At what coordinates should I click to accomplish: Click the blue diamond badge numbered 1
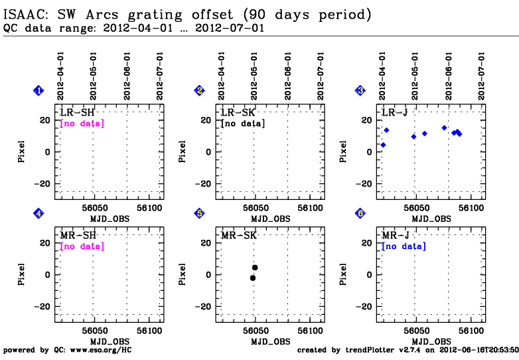38,90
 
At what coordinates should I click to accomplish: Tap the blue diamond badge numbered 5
199,214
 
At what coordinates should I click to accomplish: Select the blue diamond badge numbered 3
360,90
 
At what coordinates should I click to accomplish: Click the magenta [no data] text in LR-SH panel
82,124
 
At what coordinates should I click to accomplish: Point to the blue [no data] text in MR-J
404,246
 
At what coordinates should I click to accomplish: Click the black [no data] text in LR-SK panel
243,124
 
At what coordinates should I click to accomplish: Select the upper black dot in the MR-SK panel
255,268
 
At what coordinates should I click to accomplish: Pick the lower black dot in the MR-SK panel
253,278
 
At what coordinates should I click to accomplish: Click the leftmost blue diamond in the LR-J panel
384,145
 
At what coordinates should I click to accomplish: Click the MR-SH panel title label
78,236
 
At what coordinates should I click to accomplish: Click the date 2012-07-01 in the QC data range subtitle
230,28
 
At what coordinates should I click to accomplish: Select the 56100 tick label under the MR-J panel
471,331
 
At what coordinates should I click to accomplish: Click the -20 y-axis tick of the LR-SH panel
42,184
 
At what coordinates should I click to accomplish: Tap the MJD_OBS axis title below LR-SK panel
270,219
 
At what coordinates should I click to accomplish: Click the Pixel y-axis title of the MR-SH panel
21,274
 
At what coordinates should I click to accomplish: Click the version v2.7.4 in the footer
409,351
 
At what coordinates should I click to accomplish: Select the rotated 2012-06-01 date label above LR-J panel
449,76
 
